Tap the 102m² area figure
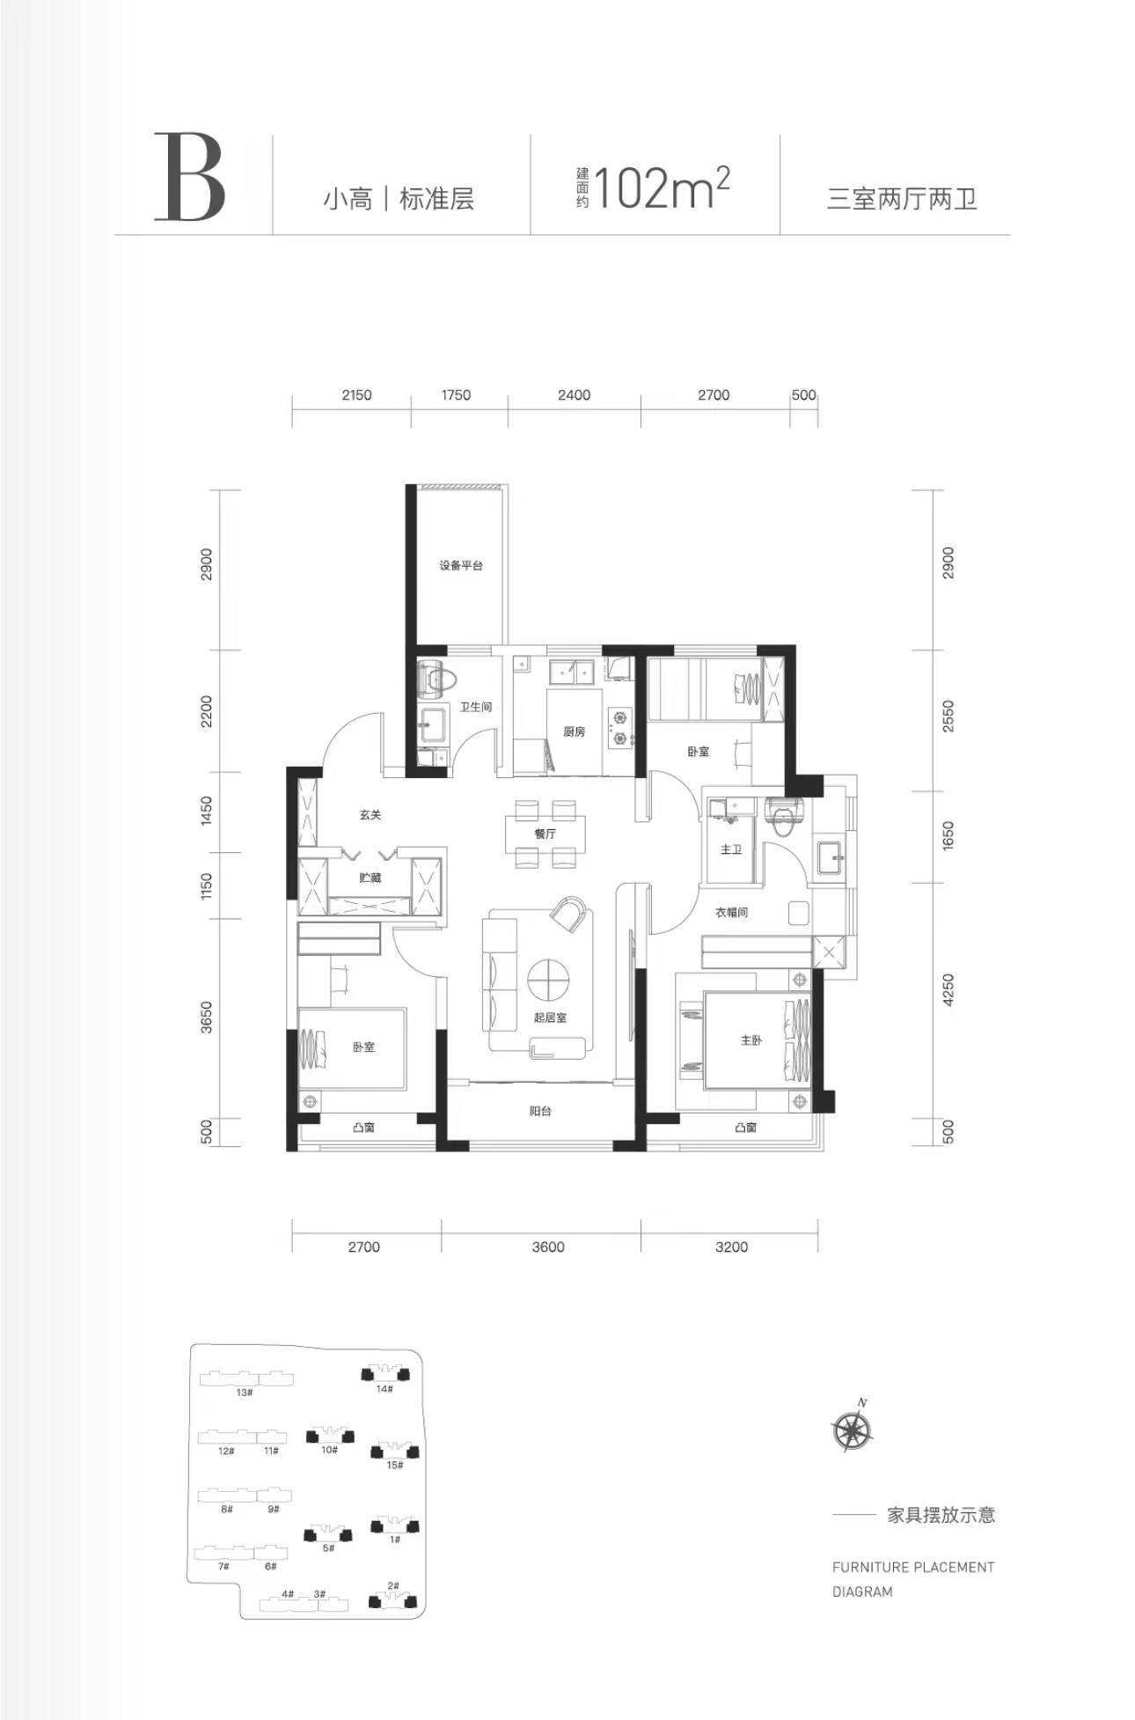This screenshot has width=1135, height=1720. tap(663, 187)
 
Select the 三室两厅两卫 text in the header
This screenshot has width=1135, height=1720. tap(902, 199)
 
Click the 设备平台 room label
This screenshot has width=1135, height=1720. tap(461, 565)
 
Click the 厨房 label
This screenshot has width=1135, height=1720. tap(574, 731)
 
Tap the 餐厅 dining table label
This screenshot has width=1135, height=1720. tap(545, 833)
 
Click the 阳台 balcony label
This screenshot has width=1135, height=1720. tap(540, 1112)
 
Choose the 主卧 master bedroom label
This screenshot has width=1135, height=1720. tap(751, 1040)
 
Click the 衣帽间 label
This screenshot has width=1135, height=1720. tap(731, 913)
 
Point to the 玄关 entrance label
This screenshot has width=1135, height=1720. tap(370, 815)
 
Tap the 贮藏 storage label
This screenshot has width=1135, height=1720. tap(370, 878)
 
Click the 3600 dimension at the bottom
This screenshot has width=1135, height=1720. tap(548, 1246)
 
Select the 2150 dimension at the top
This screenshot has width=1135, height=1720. tap(356, 395)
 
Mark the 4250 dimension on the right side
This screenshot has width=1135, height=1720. tap(948, 990)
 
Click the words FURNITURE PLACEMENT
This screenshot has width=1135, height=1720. tap(913, 1567)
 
